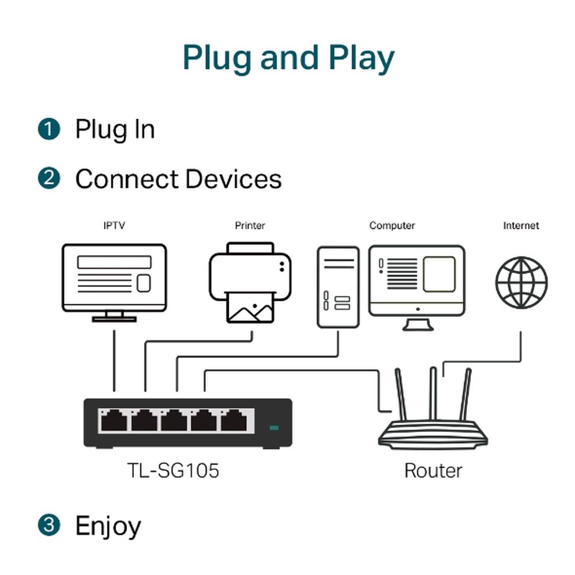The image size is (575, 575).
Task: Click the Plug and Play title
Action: [288, 57]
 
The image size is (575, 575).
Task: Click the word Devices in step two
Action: [233, 179]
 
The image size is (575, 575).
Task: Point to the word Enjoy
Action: [108, 526]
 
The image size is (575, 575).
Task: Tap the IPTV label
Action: [114, 226]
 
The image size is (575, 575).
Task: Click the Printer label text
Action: [250, 226]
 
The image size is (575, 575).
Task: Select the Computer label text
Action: [392, 226]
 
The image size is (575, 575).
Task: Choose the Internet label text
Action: [521, 226]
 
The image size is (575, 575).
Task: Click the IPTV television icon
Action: [114, 279]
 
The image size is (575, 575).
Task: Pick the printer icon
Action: [251, 282]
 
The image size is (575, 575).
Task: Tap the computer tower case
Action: [338, 286]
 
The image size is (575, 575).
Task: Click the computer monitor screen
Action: [416, 281]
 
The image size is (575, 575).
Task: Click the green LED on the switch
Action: [274, 428]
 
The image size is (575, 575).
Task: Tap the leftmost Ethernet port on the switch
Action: [113, 421]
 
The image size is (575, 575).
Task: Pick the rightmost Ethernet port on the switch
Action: [234, 421]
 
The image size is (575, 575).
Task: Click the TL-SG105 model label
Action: [173, 471]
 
